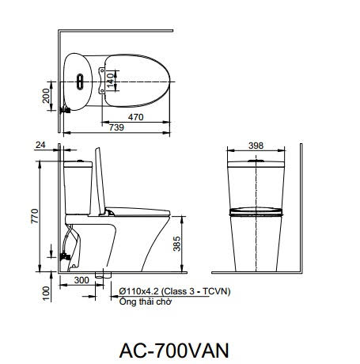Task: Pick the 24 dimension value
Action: tap(40, 145)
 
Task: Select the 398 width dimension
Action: tap(255, 146)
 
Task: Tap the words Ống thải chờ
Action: tap(139, 301)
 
